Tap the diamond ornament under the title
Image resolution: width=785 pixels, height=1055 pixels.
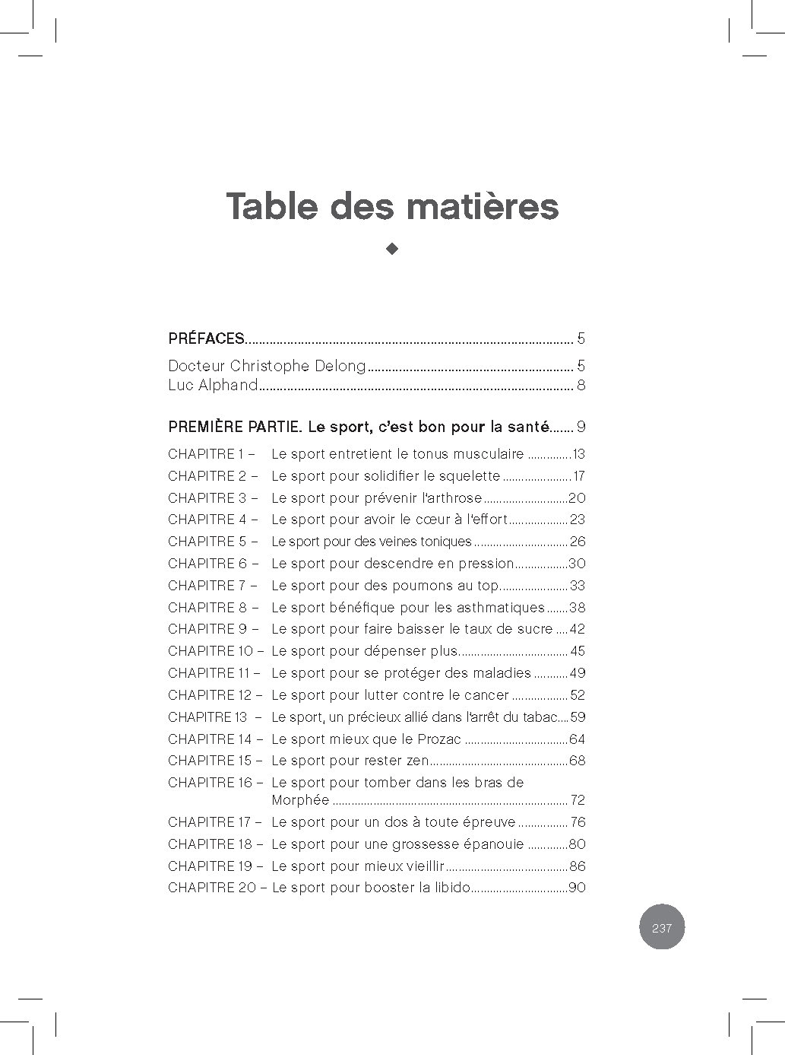[x=392, y=249]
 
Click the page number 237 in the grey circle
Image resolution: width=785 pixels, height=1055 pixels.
[x=662, y=928]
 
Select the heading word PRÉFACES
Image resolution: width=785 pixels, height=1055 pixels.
[x=206, y=338]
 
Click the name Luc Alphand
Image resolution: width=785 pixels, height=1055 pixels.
[x=213, y=385]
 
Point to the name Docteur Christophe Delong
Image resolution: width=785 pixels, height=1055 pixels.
[x=267, y=366]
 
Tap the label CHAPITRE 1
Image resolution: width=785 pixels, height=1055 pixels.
[x=206, y=454]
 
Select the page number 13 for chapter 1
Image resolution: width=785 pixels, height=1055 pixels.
[x=578, y=455]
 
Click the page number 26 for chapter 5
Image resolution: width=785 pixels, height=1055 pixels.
[x=578, y=542]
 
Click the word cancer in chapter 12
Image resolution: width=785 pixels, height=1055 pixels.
[x=487, y=695]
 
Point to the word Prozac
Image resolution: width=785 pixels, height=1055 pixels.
[x=440, y=739]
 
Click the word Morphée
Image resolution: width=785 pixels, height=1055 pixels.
[x=300, y=800]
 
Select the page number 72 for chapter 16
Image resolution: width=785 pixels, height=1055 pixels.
[x=578, y=800]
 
